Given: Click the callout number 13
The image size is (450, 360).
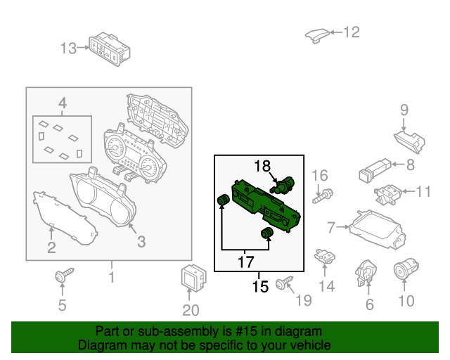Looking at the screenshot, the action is (x=68, y=49).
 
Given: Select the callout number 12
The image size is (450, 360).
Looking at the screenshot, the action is (x=352, y=32).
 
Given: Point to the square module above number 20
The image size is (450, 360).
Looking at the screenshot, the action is (x=194, y=276).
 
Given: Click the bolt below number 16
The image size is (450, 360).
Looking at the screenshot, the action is (x=323, y=195).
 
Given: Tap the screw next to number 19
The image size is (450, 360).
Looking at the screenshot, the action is (x=284, y=283).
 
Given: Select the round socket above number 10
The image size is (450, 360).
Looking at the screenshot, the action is (x=406, y=269).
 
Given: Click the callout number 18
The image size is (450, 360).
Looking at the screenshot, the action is (x=262, y=166).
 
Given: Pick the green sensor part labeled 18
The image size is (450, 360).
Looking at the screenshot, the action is (x=283, y=185).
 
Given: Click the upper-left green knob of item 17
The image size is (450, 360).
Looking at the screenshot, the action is (x=224, y=200).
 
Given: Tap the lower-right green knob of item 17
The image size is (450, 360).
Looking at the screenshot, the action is (x=267, y=233).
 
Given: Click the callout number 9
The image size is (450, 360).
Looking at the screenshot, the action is (x=404, y=110).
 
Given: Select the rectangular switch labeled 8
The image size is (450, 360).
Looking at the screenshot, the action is (x=375, y=171).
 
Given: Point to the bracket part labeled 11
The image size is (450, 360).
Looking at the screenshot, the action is (x=387, y=195).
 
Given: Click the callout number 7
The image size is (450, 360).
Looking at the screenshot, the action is (x=331, y=227).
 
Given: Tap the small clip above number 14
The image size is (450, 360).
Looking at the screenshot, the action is (x=325, y=256).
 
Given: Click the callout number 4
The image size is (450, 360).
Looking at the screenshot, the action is (x=63, y=103).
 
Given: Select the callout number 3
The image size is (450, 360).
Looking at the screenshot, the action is (x=141, y=242).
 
